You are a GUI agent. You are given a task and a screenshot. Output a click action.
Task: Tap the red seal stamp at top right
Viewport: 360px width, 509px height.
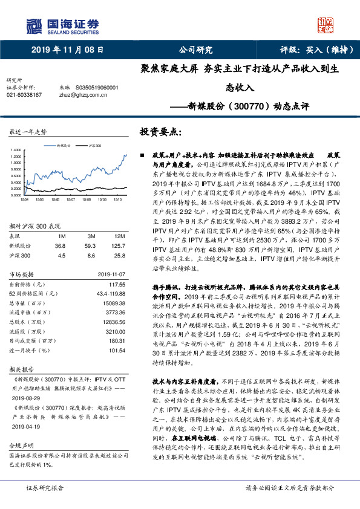coord(326,25)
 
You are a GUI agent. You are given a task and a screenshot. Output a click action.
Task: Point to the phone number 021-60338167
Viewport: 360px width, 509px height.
coord(24,95)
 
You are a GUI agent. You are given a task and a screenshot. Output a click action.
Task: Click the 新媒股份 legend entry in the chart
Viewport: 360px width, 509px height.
coord(64,146)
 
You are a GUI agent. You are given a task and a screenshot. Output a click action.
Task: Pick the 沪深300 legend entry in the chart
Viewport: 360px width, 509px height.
coord(95,146)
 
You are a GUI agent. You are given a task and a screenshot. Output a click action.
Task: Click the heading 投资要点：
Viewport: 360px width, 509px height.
coord(161,131)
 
